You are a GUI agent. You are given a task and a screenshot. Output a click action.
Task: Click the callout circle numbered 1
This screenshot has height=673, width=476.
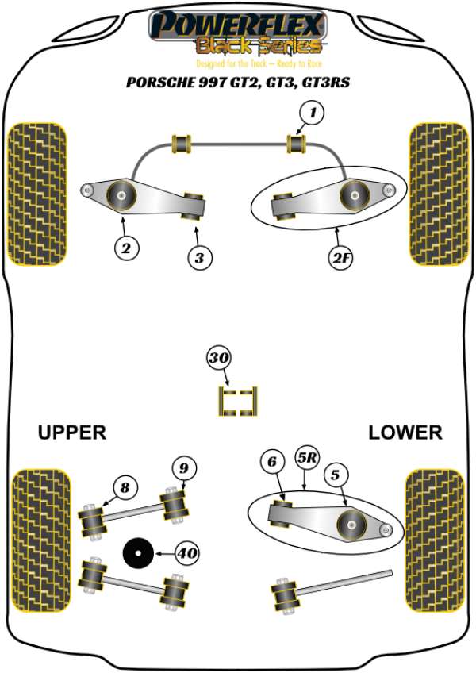[312, 113]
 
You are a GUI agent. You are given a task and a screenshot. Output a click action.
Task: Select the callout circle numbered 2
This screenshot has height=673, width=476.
[125, 248]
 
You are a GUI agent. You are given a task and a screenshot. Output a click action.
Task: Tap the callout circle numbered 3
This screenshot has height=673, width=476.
[200, 257]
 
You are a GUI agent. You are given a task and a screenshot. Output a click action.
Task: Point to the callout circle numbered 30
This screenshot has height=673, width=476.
[219, 359]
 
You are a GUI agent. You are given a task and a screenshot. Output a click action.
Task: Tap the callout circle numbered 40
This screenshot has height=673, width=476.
[188, 553]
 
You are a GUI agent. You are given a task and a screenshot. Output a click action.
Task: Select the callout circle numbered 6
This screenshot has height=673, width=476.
[271, 461]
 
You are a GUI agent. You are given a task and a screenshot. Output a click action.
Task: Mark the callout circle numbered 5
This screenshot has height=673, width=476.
[335, 475]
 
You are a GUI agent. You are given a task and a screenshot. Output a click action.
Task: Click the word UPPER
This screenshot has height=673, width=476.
[71, 433]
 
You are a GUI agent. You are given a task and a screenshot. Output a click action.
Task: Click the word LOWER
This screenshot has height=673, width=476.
[405, 433]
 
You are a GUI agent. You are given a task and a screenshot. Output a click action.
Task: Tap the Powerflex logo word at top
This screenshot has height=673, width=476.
[237, 24]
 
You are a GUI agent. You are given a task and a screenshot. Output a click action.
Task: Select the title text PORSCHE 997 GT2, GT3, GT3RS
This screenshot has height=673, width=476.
[237, 82]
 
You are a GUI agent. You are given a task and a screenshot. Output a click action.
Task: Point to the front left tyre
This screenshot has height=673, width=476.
[36, 194]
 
